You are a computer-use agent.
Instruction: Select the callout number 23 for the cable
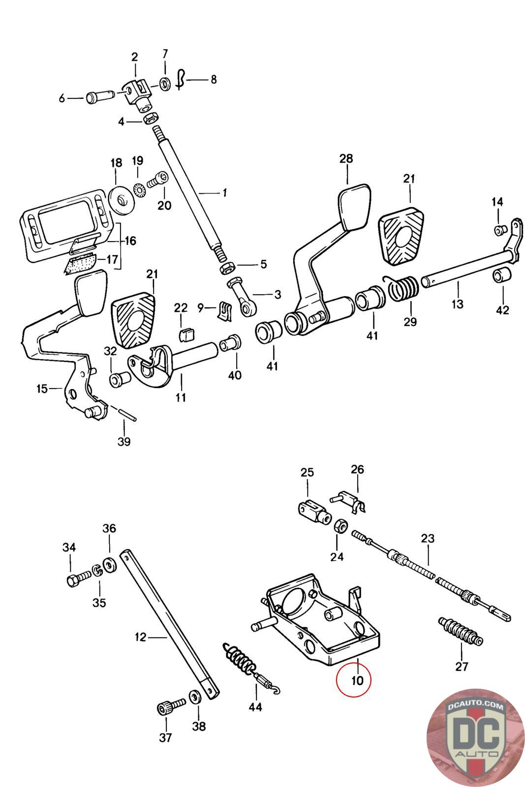pos(428,538)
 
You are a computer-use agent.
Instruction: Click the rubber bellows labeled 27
pos(460,632)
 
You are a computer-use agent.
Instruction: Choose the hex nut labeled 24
pos(339,526)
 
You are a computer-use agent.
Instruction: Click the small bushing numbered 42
pos(502,276)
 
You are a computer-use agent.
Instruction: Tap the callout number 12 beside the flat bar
pos(140,637)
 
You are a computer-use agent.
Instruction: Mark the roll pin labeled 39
pos(126,413)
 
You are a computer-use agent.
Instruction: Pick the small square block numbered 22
pos(186,336)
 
